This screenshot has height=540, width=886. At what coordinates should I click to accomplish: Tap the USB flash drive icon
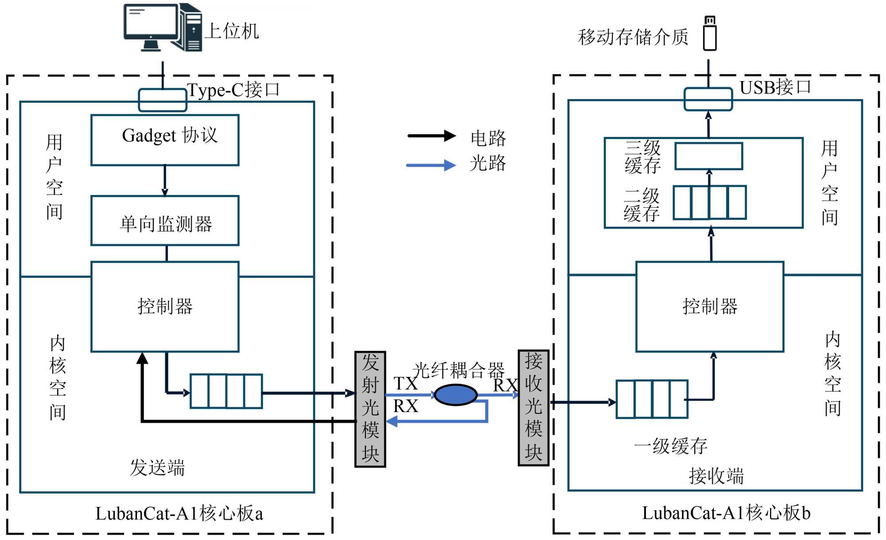[710, 34]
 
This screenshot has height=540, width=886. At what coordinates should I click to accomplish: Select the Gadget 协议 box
[165, 140]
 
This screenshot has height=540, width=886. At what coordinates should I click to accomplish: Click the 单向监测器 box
[165, 221]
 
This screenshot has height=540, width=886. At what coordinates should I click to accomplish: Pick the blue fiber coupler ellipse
[455, 395]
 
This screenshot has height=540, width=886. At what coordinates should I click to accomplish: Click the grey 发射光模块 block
[370, 409]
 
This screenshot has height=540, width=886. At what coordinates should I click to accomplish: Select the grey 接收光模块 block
[533, 408]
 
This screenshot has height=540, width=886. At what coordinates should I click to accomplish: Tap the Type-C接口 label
[233, 90]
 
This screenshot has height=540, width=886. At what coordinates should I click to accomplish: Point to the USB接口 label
[775, 87]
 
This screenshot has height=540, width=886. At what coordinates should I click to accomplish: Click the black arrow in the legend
[431, 136]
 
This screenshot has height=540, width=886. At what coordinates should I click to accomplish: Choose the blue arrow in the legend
[431, 165]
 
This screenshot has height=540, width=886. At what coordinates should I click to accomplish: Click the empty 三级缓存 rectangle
[709, 156]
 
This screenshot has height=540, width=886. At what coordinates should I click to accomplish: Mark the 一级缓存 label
[671, 446]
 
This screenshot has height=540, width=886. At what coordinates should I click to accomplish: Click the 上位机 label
[232, 31]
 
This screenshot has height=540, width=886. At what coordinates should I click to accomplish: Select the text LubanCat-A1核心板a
[179, 513]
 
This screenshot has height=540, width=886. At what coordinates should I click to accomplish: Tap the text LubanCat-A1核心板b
[726, 513]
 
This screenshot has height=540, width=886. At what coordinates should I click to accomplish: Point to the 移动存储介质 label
[633, 37]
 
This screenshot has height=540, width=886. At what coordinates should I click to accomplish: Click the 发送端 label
[157, 467]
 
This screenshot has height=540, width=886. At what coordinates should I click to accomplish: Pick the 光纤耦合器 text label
[459, 370]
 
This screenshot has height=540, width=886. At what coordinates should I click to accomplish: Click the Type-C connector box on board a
[163, 100]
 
